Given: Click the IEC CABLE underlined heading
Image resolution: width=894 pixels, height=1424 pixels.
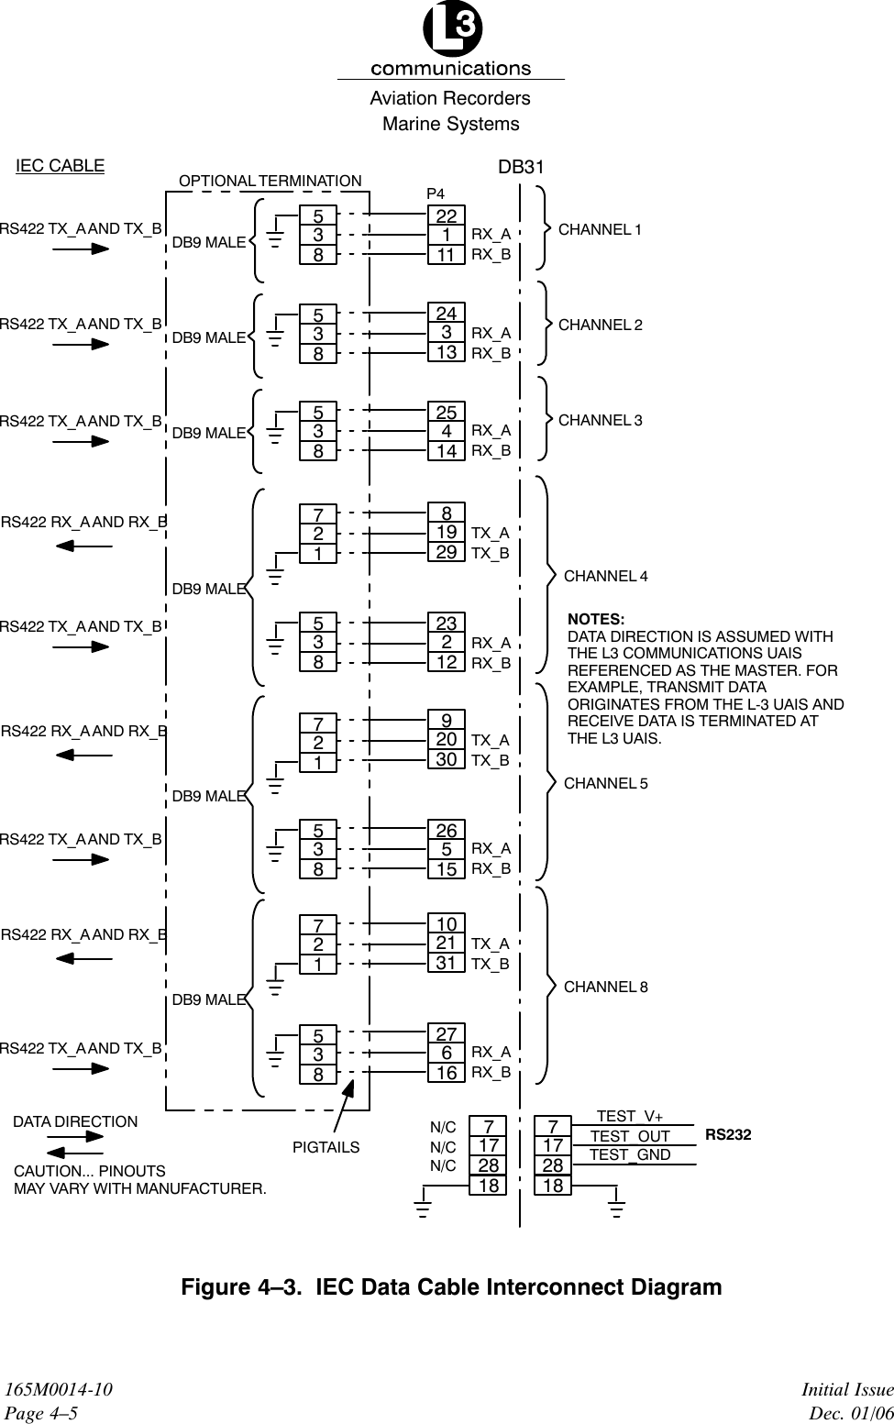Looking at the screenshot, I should coord(61,166).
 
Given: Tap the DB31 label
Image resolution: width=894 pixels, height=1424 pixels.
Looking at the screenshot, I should coord(521,167).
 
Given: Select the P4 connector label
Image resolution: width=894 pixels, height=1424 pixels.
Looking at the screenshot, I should coord(436,194).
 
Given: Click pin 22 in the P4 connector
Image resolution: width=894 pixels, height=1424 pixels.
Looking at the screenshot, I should coord(447,215).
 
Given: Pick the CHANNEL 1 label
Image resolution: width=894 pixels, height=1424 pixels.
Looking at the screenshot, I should coord(601,229).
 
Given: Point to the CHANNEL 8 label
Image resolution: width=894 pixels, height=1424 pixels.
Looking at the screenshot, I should coord(605,987).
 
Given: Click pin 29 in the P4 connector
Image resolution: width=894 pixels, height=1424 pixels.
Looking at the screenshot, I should coord(447,552).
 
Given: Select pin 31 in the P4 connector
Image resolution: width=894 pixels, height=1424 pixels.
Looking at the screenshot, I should coord(447,963).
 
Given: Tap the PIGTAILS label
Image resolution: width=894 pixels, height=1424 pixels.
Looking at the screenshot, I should coord(326,1147).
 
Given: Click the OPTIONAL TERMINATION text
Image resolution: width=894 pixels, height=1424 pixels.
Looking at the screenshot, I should coord(270,181).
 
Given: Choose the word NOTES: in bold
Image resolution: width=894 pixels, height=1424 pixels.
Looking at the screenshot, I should coord(596,620).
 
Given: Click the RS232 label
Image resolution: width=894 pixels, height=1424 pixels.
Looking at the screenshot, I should coord(728,1135).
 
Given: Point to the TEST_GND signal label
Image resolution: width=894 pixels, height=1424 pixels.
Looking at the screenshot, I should coord(630,1155).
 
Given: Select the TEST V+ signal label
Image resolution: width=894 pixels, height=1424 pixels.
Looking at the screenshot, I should coord(630,1116).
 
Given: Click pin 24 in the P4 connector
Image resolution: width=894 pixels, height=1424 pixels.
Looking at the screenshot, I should coord(447,313).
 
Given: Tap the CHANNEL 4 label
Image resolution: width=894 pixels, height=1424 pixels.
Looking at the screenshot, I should coord(605,576).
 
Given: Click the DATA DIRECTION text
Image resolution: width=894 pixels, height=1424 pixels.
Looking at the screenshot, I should coord(75,1121).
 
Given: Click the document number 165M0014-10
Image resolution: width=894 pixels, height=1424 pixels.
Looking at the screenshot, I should coord(60,1391).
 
